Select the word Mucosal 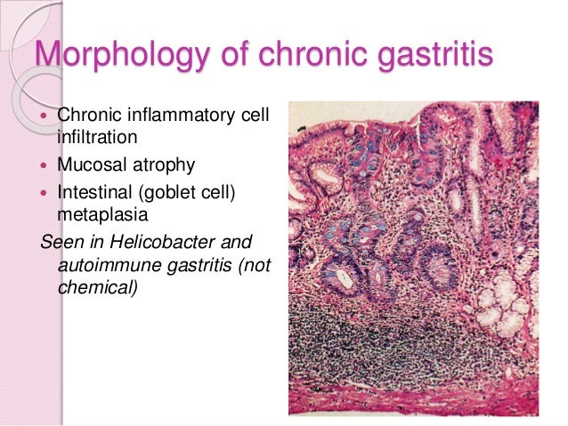90,164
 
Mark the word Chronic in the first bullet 88,115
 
